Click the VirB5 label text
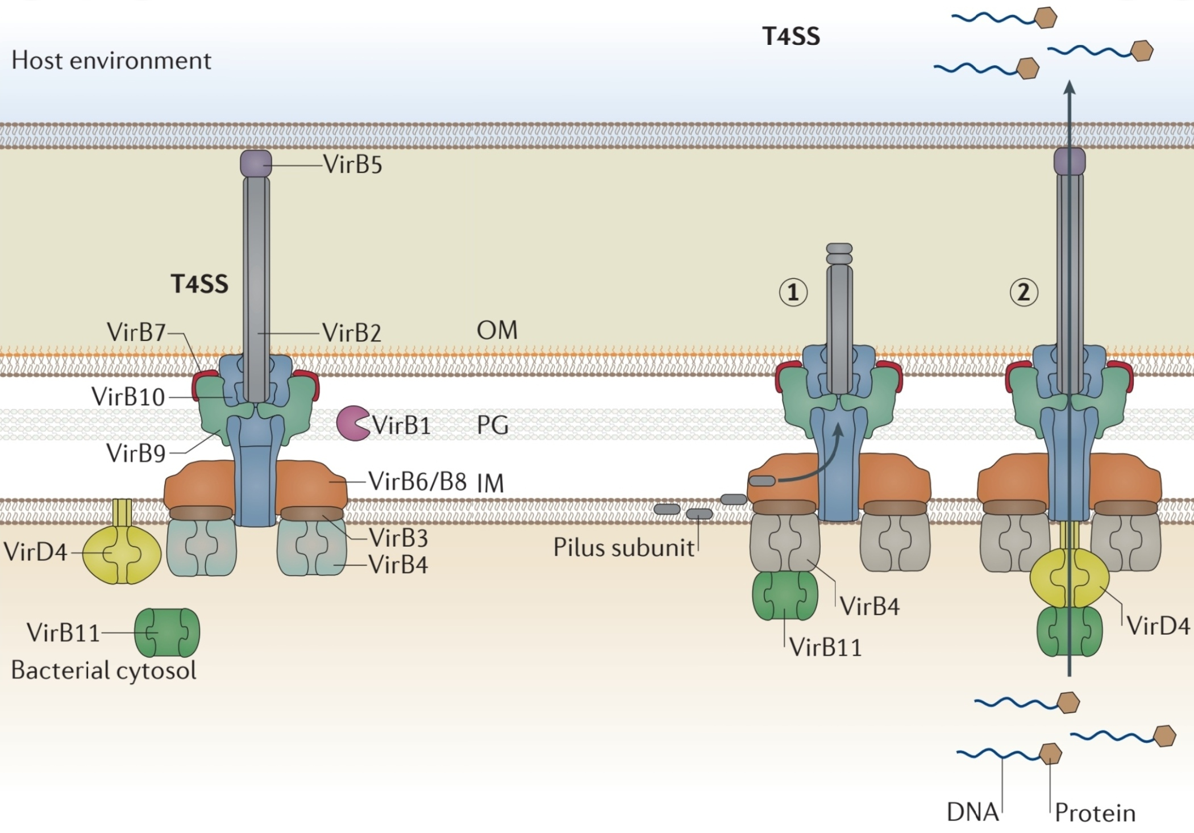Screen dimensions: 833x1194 pos(353,165)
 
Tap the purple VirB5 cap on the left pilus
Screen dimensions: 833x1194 pos(256,163)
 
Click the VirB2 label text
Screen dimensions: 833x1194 pos(352,333)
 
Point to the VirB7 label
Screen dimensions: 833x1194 pos(136,332)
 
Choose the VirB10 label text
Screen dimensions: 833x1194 pos(128,397)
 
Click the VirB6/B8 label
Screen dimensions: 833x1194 pos(417,481)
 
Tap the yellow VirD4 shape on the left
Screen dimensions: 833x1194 pos(122,553)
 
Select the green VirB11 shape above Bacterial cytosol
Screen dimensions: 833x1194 pos(167,632)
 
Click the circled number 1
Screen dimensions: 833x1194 pos(793,293)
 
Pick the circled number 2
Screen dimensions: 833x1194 pos(1024,293)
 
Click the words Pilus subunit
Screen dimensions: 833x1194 pos(623,548)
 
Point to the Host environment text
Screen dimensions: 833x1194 pos(111,60)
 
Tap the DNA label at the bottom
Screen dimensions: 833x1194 pos(972,812)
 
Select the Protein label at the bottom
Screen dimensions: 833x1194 pos(1095,813)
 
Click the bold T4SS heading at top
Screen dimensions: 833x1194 pos(791,36)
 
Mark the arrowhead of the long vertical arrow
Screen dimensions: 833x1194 pos(1070,87)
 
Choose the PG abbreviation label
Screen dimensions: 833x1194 pos(492,425)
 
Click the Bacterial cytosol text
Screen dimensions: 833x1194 pos(103,670)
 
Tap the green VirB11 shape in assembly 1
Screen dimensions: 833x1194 pos(785,595)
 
